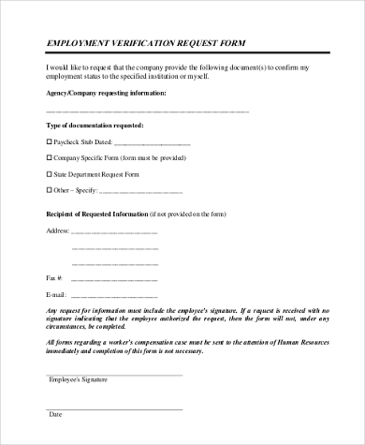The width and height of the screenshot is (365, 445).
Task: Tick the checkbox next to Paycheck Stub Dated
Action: [50, 142]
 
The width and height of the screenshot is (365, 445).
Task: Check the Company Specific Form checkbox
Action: [50, 158]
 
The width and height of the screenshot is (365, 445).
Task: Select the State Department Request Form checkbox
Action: [50, 174]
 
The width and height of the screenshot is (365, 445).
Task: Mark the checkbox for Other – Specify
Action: [50, 190]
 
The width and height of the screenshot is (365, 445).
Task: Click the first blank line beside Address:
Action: [115, 231]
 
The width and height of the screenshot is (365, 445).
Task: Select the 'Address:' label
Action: [57, 230]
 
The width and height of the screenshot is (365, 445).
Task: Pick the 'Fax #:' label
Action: [54, 278]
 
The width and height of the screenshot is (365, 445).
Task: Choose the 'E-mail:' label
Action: [56, 294]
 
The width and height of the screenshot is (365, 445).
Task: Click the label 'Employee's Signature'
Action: [78, 379]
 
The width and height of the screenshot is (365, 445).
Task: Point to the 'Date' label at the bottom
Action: [55, 414]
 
